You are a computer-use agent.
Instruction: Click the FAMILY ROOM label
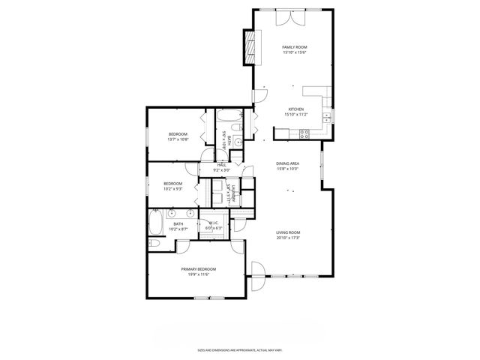[295, 47]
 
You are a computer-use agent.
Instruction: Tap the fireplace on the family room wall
[249, 48]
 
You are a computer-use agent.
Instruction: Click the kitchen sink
[328, 117]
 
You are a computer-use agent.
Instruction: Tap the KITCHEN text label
[295, 109]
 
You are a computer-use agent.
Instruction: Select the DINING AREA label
[289, 164]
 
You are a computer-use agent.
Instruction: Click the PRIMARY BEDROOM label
[198, 268]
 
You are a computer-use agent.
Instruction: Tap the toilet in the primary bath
[153, 244]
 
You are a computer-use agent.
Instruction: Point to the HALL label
[221, 165]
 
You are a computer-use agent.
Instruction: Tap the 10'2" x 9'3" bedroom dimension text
[173, 189]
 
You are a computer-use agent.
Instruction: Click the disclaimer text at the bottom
[239, 349]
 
